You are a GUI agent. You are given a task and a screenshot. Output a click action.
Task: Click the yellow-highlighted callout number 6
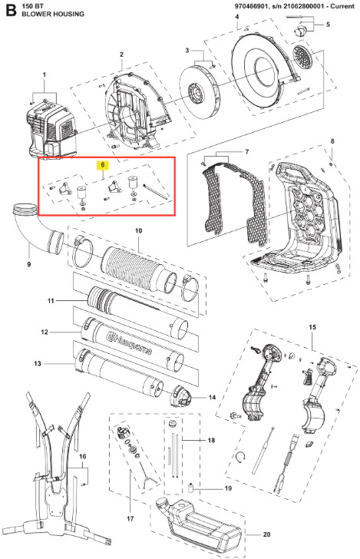tap(103, 164)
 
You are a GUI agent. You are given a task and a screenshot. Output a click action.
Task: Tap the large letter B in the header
tap(11, 10)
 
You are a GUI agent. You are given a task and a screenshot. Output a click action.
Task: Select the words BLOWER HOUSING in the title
tap(53, 14)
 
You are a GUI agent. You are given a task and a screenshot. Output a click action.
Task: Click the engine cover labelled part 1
tap(52, 129)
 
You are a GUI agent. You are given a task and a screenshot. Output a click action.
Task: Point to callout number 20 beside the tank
tap(266, 534)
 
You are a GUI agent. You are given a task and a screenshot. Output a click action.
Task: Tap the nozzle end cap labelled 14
tap(181, 397)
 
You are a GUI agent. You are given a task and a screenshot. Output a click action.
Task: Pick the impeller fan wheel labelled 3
tap(200, 90)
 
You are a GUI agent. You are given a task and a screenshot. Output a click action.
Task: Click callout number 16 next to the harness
tap(82, 457)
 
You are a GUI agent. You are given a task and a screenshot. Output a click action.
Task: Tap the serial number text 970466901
tap(249, 6)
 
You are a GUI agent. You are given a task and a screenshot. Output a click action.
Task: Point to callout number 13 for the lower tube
tap(38, 364)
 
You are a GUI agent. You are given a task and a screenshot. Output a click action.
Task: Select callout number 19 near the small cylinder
tap(228, 488)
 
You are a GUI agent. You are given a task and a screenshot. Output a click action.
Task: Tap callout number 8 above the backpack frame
tap(332, 141)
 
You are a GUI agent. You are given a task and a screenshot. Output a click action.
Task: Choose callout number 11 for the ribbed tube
tap(51, 301)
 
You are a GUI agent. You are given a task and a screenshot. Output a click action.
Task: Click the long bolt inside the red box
tap(155, 192)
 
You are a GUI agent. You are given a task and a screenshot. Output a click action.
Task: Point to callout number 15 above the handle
tap(312, 327)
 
